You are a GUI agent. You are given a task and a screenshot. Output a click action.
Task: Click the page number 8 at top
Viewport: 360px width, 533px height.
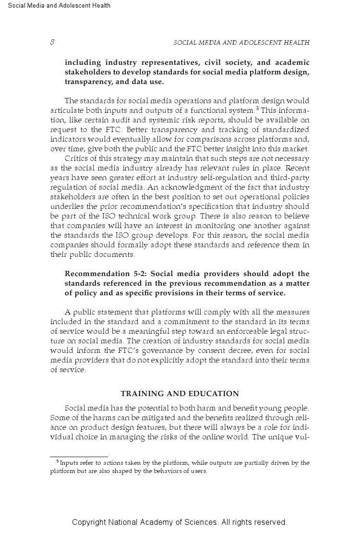coord(52,43)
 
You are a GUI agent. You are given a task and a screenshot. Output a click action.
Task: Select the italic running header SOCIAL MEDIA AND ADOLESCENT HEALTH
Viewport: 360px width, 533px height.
coord(241,43)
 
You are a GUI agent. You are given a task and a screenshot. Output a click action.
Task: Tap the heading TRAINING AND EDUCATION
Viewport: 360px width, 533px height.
coord(180,394)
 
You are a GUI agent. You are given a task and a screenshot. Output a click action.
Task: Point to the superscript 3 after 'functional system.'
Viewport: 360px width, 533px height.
coord(257,109)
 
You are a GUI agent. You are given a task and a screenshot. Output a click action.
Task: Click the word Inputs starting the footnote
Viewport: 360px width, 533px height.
coord(69,463)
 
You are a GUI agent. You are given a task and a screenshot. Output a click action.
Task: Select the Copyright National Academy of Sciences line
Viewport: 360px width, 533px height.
coord(180,522)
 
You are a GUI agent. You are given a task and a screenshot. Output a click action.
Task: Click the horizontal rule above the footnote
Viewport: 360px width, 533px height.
coord(79,457)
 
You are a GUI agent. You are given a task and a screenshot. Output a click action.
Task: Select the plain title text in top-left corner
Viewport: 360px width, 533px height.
coord(60,6)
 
